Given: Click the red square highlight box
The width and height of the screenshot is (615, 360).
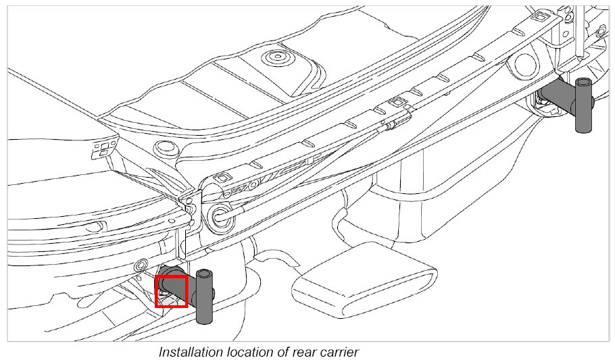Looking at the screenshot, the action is point(171,291).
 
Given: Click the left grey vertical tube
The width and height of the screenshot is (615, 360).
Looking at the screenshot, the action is point(203,301).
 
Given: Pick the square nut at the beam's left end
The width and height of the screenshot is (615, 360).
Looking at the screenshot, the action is point(219,179).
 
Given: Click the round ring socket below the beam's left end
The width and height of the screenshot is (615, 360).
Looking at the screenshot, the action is point(220,216).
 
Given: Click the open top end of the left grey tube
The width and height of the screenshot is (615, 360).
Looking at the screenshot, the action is point(204,273).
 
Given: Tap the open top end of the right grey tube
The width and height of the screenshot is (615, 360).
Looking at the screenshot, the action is point(583,82).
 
